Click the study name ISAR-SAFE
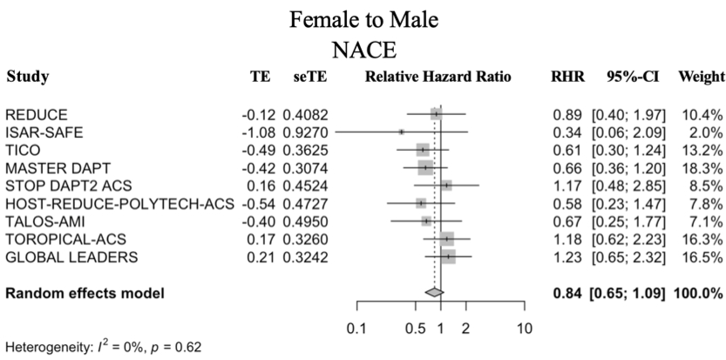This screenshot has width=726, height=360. pos(37,132)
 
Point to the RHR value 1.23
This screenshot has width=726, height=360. pos(567,257)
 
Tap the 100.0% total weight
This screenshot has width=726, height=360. pos(699,295)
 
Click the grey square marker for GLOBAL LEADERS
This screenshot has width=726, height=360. pos(448,257)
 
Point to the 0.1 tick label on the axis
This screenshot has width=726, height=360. pos(355,329)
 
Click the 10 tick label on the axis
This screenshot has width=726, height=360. pos(525,329)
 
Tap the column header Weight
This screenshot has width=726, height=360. pos(700,77)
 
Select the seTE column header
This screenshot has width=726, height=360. pos(311,77)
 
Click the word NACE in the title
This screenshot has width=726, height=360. pos(363,50)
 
